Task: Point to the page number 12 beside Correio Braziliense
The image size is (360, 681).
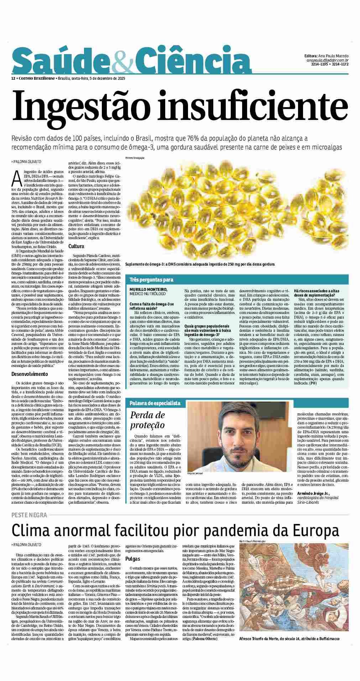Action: tap(13, 78)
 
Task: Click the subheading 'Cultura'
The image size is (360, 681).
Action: tap(76, 246)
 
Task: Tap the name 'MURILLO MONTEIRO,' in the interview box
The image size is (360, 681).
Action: tap(148, 289)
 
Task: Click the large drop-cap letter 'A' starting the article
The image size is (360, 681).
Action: tap(16, 178)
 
